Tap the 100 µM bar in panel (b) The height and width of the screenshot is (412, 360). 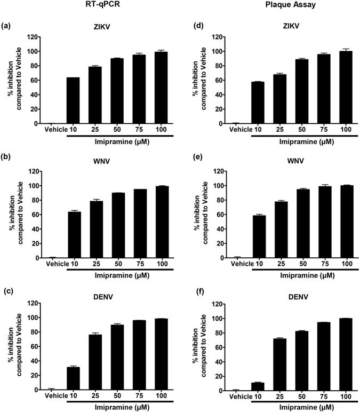162,222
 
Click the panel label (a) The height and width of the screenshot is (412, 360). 7,25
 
